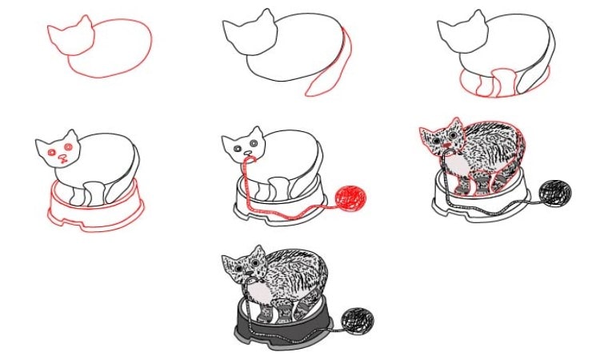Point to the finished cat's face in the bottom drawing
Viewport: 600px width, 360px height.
pos(245,267)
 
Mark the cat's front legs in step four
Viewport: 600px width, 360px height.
pos(88,192)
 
